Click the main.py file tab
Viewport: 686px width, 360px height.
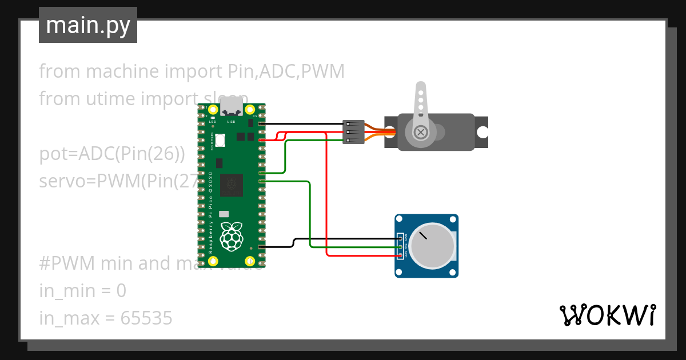(x=88, y=25)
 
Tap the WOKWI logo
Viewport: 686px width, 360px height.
(x=607, y=315)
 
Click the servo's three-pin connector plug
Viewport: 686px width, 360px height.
(x=353, y=132)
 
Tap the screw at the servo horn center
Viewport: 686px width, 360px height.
(x=421, y=132)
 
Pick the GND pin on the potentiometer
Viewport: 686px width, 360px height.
(x=401, y=238)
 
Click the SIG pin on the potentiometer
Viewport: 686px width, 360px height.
(x=401, y=246)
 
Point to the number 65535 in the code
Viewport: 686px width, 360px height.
(x=146, y=318)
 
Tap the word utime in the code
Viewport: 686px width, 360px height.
(x=110, y=99)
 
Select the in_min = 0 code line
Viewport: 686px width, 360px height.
(x=83, y=291)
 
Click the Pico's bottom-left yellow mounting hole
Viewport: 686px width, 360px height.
(x=213, y=261)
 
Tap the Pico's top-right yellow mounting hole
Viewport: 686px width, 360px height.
(x=250, y=109)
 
